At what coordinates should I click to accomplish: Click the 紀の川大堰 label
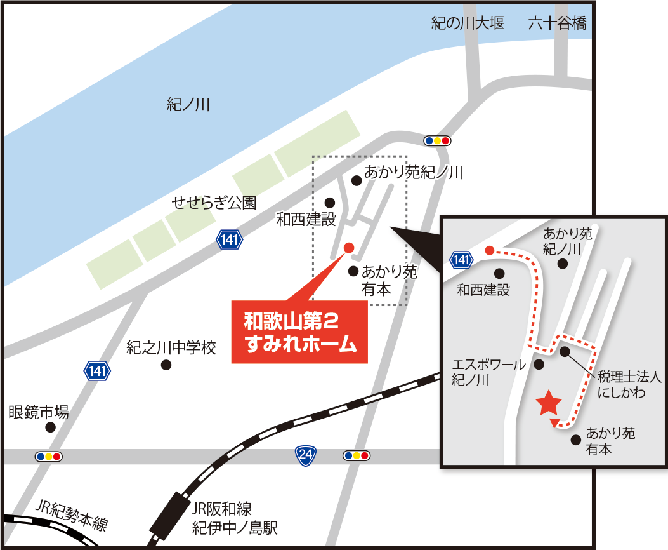[468, 25]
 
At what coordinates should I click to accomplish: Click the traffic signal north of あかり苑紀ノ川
[437, 140]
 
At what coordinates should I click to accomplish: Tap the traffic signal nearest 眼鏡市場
[49, 456]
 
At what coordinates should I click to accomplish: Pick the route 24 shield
[306, 455]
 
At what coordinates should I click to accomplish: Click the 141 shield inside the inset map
[462, 259]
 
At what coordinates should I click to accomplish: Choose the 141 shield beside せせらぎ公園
[229, 239]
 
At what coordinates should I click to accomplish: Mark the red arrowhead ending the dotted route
[554, 424]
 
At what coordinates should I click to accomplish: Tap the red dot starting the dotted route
[489, 250]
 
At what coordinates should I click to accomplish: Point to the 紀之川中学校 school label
[171, 348]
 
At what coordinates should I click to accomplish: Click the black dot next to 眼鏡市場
[50, 427]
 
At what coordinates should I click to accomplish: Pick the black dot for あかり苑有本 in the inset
[576, 439]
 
